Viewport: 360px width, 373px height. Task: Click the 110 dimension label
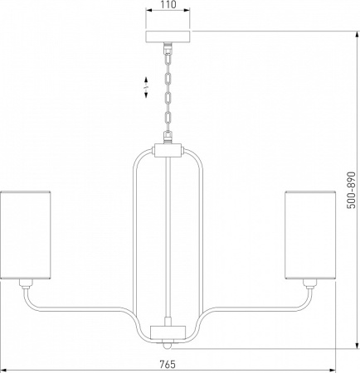[x=168, y=5]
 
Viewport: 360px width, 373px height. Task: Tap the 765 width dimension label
[x=168, y=364]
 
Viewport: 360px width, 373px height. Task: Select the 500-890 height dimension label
[x=351, y=190]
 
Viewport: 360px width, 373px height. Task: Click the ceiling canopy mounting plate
[x=168, y=36]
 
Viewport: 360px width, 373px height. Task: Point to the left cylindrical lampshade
[x=26, y=235]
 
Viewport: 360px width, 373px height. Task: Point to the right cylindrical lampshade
[x=310, y=235]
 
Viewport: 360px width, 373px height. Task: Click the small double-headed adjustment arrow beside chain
[x=146, y=87]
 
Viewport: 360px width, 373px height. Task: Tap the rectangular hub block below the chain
[x=168, y=151]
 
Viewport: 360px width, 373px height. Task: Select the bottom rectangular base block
[x=168, y=332]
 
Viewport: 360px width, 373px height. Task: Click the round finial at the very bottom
[x=166, y=346]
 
